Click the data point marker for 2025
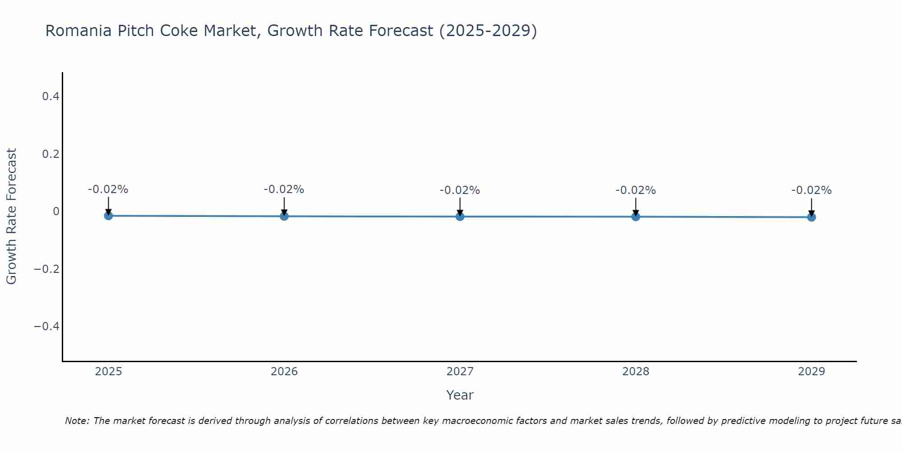[108, 216]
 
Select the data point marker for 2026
[284, 216]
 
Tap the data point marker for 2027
[460, 216]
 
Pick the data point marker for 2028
[635, 216]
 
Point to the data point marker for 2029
[811, 217]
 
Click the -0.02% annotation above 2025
[108, 189]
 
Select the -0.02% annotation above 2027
[460, 190]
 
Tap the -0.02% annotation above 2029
[811, 190]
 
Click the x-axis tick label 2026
[284, 372]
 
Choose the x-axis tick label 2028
[635, 372]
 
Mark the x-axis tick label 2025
[109, 372]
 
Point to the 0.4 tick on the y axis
[51, 97]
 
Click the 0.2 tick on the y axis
[51, 154]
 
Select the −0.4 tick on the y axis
[47, 327]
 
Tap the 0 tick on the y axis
[56, 212]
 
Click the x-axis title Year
[460, 396]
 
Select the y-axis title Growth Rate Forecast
[12, 216]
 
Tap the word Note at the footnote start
[77, 421]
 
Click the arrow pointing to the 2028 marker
[635, 207]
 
